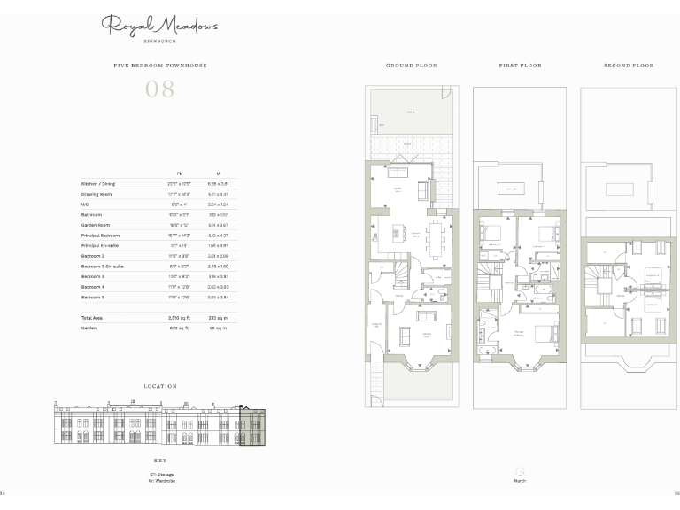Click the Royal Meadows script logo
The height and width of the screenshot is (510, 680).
coord(159,27)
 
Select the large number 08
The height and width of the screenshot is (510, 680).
coord(159,89)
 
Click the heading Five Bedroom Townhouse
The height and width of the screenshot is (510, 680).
coord(159,66)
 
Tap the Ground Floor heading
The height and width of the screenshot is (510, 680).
coord(411,66)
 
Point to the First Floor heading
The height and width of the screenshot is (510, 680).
coord(520,66)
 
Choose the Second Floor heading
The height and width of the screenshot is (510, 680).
coord(629,66)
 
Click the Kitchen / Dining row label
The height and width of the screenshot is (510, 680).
coord(98,183)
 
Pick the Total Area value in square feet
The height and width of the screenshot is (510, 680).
coord(179,317)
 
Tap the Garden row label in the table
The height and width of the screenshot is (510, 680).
coord(89,327)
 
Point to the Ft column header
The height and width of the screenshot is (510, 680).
coord(179,173)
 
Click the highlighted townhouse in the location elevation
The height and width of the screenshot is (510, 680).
coord(252,427)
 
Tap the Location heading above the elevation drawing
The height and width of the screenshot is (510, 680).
coord(159,386)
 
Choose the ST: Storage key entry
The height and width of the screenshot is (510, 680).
coord(161,475)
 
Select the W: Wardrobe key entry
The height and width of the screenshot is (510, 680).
coord(161,481)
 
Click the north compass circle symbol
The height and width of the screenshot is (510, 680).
coord(520,471)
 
